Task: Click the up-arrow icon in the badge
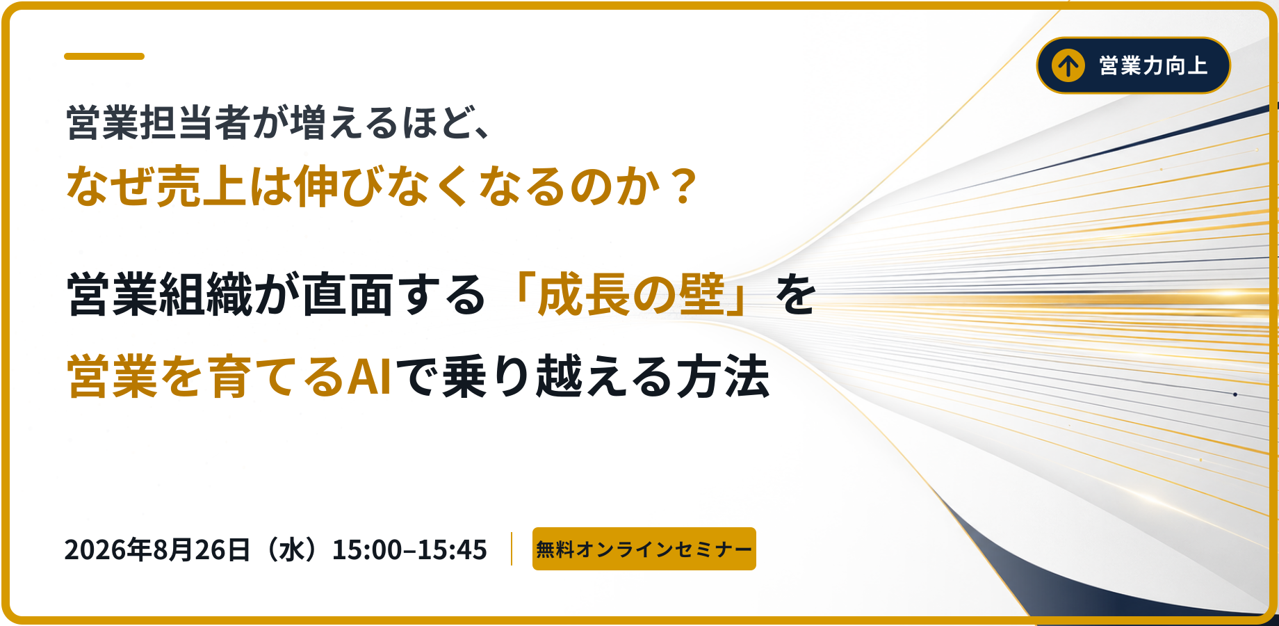[x=1068, y=66]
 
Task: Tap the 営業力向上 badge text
[x=1153, y=66]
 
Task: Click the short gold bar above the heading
[x=104, y=56]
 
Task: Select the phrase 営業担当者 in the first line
[x=158, y=123]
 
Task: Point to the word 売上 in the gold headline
[x=202, y=186]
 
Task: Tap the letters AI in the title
[x=369, y=376]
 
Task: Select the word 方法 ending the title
[x=724, y=376]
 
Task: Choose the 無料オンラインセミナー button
[x=644, y=549]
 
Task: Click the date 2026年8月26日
[x=157, y=549]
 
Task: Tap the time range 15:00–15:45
[x=409, y=549]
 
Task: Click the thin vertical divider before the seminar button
[x=512, y=549]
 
